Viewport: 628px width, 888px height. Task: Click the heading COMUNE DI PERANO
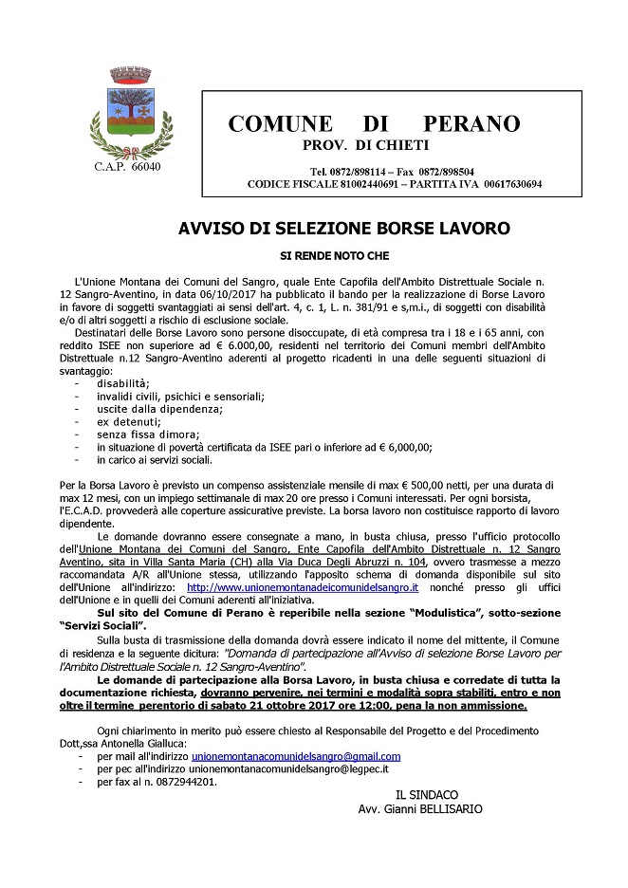coord(374,124)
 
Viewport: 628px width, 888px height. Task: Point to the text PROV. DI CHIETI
coord(365,145)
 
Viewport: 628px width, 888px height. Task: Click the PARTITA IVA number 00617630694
coord(512,183)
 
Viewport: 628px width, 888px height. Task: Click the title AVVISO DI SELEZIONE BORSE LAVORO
coord(344,229)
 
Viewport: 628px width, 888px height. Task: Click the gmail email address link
coord(296,756)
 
